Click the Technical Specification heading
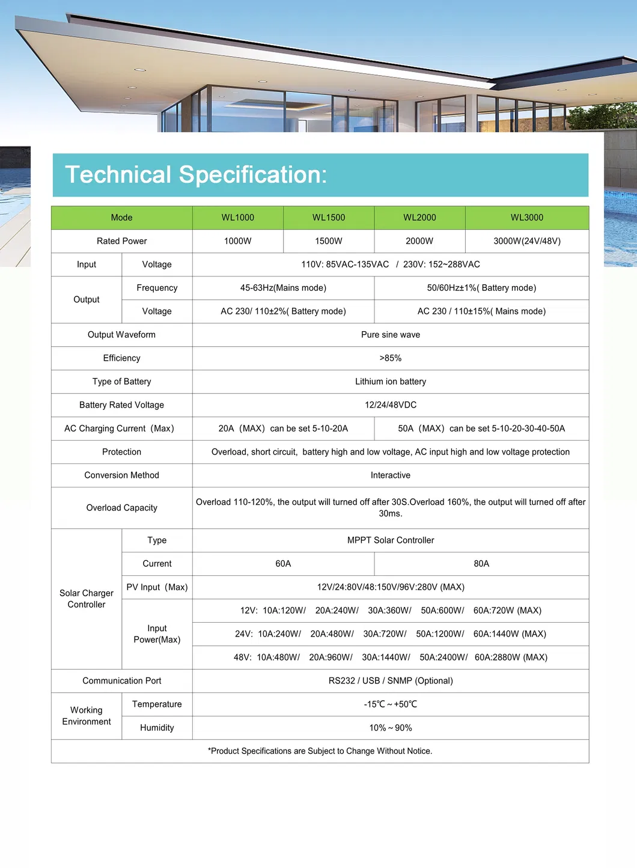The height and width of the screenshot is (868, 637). pos(196,175)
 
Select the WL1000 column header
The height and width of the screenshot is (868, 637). pos(238,218)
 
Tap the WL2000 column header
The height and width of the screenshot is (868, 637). pos(419,218)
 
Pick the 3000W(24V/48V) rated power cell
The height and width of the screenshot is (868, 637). pos(527,241)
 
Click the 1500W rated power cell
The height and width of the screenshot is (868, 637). pos(329,241)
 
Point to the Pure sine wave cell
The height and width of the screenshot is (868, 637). pos(391,335)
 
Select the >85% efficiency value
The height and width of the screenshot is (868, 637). pos(391,358)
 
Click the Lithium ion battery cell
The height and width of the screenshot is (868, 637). pos(391,382)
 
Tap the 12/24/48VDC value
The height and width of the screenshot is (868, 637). pos(391,405)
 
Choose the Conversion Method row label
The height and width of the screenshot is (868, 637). pos(122,475)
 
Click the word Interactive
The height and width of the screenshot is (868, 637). pos(391,475)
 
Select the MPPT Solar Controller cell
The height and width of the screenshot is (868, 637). pos(391,540)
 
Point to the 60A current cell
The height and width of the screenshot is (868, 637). pos(283,564)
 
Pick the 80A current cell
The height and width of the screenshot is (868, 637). pos(481,564)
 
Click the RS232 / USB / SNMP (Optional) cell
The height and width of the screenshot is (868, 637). pos(391,681)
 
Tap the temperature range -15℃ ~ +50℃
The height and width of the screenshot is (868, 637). pos(391,704)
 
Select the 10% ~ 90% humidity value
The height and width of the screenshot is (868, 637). pos(391,728)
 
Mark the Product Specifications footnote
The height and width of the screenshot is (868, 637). pos(320,751)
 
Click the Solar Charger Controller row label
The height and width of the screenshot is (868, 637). pos(87,599)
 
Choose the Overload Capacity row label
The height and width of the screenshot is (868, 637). pos(122,508)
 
